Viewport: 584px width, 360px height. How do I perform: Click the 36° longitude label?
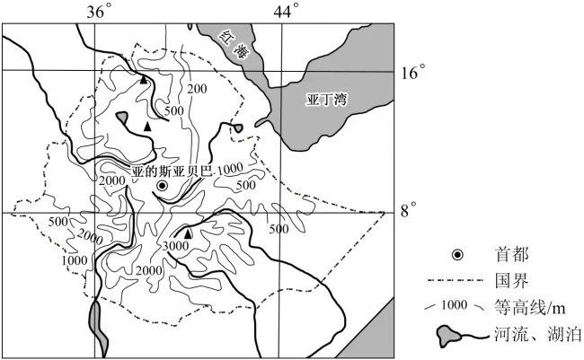point(99,12)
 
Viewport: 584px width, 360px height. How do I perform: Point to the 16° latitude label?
point(413,72)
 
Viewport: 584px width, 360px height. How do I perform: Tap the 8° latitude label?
point(408,211)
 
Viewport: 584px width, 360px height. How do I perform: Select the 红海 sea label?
point(234,44)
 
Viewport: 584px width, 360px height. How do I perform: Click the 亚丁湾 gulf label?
point(327,100)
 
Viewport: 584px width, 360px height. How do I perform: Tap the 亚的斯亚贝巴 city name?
point(172,171)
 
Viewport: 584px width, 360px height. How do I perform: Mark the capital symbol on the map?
point(162,186)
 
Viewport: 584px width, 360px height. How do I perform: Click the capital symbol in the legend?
point(457,255)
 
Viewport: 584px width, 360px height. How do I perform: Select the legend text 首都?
point(512,255)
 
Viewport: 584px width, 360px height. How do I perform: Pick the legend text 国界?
point(512,281)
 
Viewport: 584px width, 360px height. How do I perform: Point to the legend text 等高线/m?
point(529,308)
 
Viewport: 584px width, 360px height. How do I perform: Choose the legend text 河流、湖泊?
point(538,334)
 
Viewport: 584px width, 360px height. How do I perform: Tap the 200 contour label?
point(197,89)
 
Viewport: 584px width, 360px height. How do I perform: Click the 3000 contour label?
point(176,246)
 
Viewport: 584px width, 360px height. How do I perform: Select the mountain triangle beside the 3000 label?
point(188,233)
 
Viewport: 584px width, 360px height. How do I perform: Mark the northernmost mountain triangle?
point(144,79)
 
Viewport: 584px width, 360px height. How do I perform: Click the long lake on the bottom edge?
point(98,329)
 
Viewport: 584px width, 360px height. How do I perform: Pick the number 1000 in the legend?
point(454,305)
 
